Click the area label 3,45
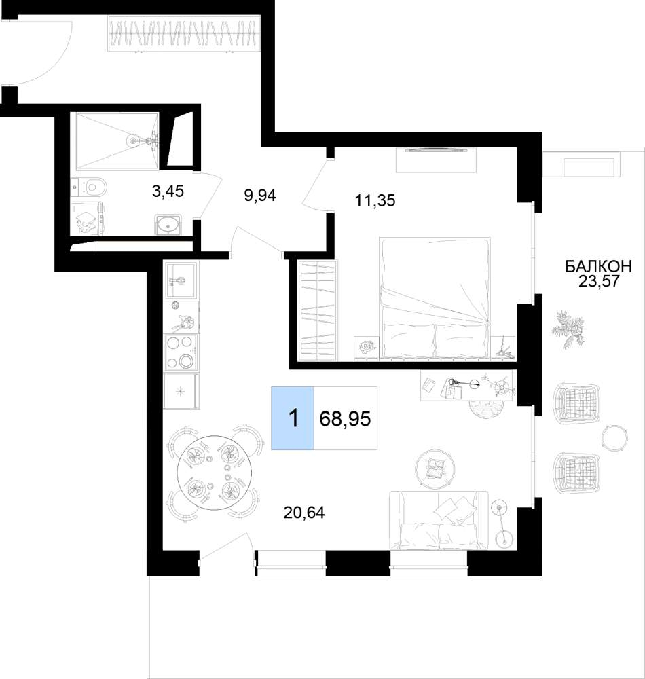point(168,191)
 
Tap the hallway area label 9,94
point(260,196)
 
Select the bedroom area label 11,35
point(375,200)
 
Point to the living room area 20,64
point(304,513)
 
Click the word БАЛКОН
point(599,266)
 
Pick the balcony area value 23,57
point(599,282)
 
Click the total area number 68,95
point(345,419)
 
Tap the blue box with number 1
point(293,418)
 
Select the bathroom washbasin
point(168,224)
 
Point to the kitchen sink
point(181,280)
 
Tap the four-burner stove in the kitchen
point(181,352)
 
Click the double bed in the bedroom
point(435,298)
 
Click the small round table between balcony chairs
point(614,437)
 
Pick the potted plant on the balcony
point(567,328)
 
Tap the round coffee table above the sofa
point(435,468)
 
